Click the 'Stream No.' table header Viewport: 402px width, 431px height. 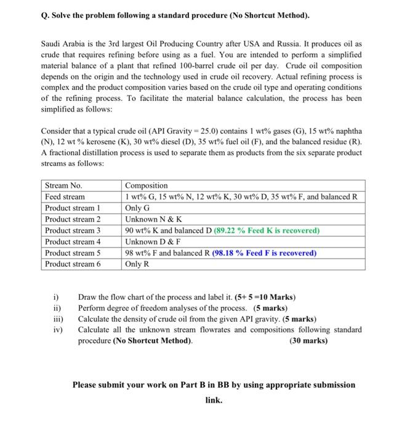63,185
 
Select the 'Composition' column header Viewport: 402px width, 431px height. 146,185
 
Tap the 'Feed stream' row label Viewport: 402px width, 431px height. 66,196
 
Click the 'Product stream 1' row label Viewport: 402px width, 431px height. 73,207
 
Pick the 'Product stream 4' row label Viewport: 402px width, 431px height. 73,241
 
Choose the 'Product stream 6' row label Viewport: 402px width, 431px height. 73,264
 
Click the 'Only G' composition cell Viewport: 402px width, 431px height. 139,207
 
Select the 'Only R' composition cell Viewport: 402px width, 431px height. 139,264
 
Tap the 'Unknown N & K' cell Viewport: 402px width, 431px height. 153,219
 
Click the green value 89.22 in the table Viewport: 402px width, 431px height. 229,230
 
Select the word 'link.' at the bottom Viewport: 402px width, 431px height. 214,400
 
